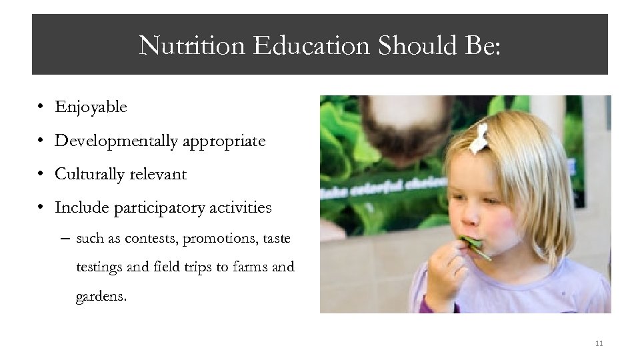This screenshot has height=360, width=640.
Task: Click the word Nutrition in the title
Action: point(192,45)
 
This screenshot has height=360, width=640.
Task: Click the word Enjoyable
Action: point(91,107)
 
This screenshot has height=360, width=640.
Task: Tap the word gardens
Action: point(101,296)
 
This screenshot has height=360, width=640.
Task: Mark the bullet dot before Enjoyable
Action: point(41,107)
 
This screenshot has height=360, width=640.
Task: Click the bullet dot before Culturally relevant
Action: point(41,175)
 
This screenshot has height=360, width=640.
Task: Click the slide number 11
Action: point(599,343)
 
